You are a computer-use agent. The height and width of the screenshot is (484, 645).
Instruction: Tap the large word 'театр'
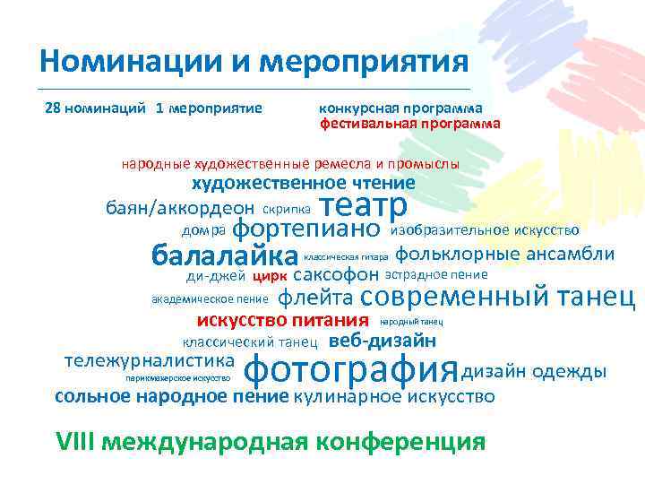364,205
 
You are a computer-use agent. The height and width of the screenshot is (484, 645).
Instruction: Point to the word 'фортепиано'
307,230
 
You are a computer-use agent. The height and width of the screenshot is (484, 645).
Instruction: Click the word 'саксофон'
336,274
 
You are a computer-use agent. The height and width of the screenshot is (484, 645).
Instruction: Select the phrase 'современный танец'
499,297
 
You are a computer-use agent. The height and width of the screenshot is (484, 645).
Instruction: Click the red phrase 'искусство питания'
282,321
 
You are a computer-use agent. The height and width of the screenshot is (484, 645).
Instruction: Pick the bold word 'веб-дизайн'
383,341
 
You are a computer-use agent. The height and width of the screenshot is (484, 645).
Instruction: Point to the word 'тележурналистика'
150,360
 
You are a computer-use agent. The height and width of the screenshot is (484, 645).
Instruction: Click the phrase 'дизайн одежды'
534,371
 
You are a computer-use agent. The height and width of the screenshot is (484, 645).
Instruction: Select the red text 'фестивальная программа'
409,124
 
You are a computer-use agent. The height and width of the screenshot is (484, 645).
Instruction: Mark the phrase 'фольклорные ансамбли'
504,254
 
